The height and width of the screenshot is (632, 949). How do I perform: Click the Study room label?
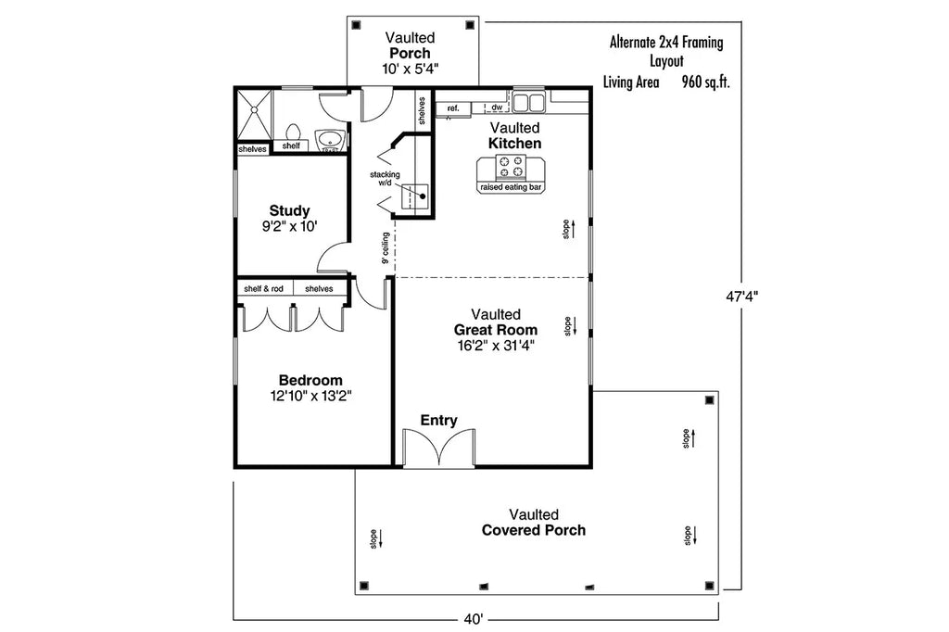(x=289, y=210)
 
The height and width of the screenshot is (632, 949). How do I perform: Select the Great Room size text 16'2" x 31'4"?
(x=495, y=346)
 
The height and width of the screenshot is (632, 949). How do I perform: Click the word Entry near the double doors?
(x=438, y=421)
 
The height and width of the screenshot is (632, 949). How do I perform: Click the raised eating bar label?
(x=511, y=187)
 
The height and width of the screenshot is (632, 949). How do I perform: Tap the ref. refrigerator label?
(x=453, y=108)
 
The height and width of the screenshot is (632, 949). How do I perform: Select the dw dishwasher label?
(x=497, y=108)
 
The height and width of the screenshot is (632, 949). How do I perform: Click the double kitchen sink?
(x=529, y=101)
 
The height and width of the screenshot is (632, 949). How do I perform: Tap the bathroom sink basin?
(x=329, y=140)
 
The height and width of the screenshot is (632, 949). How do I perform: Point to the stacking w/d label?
(x=385, y=178)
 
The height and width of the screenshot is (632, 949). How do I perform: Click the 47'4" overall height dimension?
(x=741, y=297)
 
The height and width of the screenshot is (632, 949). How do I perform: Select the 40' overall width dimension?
(x=474, y=618)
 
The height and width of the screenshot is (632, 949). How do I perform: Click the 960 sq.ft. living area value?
(x=705, y=82)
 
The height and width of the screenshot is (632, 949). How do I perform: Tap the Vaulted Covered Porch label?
(x=533, y=523)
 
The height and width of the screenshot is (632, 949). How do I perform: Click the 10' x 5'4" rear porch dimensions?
(x=411, y=69)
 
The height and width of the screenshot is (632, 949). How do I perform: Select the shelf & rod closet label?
(x=263, y=289)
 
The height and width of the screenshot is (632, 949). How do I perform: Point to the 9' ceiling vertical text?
(x=385, y=248)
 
